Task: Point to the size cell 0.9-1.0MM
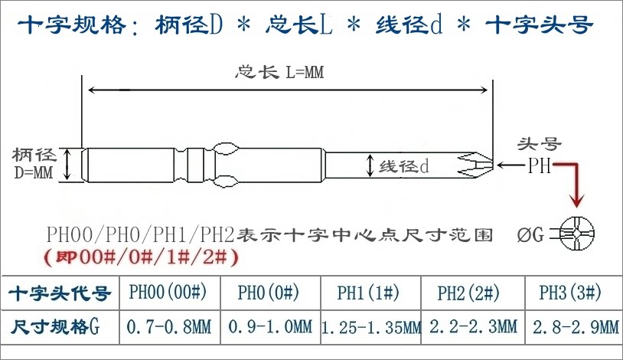click(270, 327)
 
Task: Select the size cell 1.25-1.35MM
click(370, 328)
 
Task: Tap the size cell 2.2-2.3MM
click(472, 327)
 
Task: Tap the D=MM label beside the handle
click(34, 172)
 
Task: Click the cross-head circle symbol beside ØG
click(577, 232)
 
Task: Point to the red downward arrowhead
click(576, 201)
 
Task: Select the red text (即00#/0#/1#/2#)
click(139, 256)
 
